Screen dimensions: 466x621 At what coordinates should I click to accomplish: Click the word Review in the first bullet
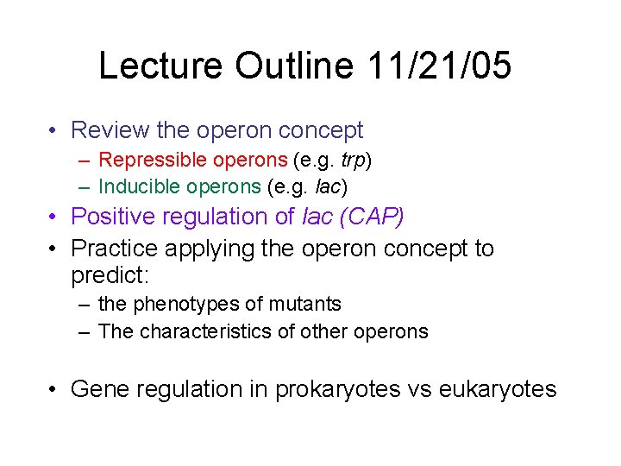pos(110,130)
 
